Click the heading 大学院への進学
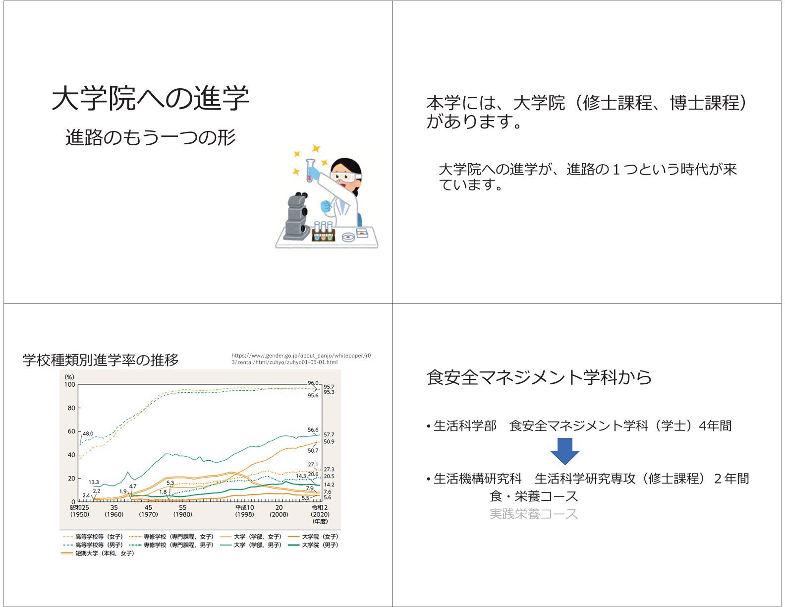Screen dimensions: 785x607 click(150, 98)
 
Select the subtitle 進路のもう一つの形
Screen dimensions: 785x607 click(150, 137)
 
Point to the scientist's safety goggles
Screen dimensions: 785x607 click(346, 177)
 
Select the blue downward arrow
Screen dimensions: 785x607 click(564, 451)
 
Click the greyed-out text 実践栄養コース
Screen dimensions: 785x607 click(534, 514)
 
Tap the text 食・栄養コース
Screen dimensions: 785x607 click(534, 496)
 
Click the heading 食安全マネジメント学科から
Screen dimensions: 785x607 click(539, 377)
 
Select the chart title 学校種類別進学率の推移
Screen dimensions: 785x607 click(101, 360)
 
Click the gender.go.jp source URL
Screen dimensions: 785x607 click(301, 359)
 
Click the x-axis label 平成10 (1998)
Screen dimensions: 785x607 click(244, 511)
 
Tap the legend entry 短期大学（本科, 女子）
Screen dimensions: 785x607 click(98, 553)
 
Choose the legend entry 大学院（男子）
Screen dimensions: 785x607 click(313, 545)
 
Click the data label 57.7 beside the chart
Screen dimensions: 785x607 click(329, 434)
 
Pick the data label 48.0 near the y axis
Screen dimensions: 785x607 click(88, 433)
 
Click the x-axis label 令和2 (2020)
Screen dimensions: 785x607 click(320, 511)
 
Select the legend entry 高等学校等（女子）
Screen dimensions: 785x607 click(93, 537)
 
